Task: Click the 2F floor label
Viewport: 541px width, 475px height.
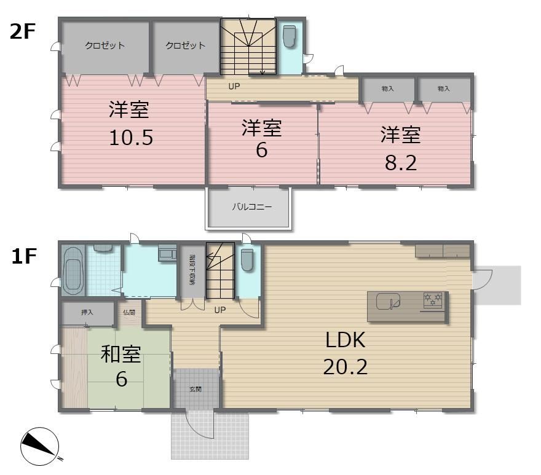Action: [x=23, y=32]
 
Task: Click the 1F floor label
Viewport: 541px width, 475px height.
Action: [x=24, y=256]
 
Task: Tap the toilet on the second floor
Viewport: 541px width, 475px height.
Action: [x=289, y=36]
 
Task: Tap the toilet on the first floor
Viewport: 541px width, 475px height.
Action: [x=247, y=260]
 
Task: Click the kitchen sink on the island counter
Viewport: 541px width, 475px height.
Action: [x=388, y=302]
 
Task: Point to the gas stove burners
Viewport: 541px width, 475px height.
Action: [x=433, y=300]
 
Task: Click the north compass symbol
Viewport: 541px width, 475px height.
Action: [x=40, y=446]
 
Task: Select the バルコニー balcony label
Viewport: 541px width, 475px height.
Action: [x=252, y=207]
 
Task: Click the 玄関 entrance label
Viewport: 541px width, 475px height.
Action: [x=195, y=389]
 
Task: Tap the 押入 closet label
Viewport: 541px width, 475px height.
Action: [x=87, y=312]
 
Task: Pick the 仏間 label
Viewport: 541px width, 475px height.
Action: [x=129, y=313]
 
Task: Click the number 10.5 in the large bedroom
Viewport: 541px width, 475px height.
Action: [x=131, y=138]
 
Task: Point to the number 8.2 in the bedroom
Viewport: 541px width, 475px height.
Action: [x=401, y=163]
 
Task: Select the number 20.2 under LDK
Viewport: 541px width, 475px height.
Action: [x=346, y=367]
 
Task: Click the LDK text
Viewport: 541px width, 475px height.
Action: [x=346, y=340]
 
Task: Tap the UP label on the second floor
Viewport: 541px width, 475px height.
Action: [x=234, y=86]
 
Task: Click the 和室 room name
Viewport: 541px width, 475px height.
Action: [x=120, y=355]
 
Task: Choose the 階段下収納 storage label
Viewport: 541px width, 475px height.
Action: [x=192, y=270]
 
